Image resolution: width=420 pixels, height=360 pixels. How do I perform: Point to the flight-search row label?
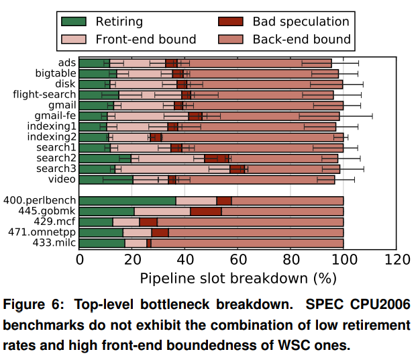tap(44, 95)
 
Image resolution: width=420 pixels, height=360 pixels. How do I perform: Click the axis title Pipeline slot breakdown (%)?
tap(238, 277)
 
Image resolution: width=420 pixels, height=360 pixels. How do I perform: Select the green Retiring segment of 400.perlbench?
tap(127, 201)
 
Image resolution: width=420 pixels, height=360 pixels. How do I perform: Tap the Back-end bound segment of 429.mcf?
tap(250, 222)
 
